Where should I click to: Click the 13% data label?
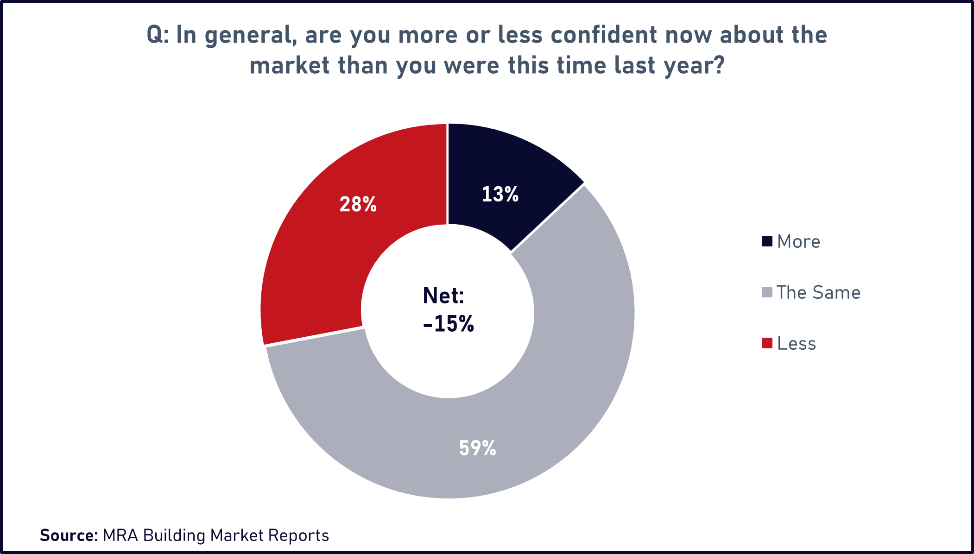point(500,195)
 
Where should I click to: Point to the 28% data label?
point(358,204)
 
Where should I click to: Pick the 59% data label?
point(477,448)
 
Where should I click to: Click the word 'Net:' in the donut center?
point(443,296)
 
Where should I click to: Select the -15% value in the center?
point(449,324)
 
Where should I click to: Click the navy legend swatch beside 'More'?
point(767,241)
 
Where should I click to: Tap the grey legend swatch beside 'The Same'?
point(767,292)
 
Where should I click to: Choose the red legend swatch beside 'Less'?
point(767,343)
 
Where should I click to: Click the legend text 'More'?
point(798,242)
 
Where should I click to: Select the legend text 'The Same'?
point(818,293)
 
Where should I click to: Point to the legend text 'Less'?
point(796,344)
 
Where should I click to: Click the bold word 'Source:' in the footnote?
point(69,535)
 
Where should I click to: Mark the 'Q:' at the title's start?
point(157,35)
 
